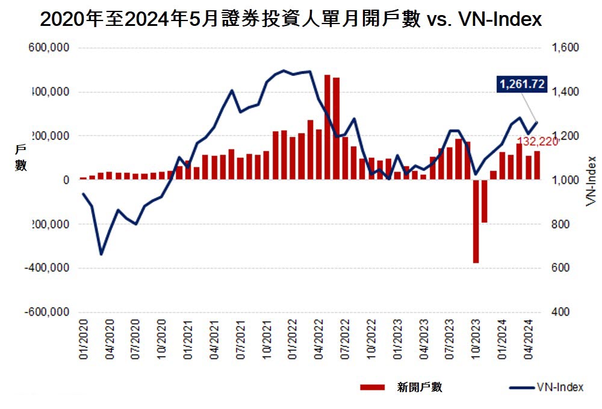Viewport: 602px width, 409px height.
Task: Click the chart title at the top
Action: [x=291, y=20]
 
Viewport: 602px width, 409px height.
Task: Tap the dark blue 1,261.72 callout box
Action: [x=521, y=84]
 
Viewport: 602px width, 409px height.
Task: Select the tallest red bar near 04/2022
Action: [x=327, y=127]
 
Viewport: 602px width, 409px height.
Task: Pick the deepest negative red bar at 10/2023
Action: [x=476, y=221]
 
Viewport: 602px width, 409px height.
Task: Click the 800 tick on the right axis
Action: [x=561, y=224]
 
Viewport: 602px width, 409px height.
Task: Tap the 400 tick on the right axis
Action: [x=561, y=312]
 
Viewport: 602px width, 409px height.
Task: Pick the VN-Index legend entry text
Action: [x=559, y=387]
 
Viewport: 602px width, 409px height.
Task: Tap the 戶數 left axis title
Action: [x=20, y=158]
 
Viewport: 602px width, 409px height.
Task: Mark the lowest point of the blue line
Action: [x=101, y=254]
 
